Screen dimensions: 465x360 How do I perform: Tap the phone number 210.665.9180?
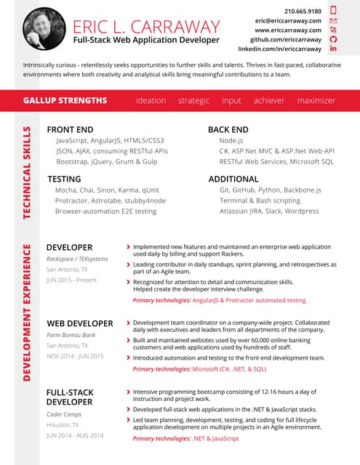tap(303, 12)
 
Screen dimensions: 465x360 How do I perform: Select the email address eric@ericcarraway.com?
tap(288, 21)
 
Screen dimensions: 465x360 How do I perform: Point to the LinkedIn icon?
tap(334, 49)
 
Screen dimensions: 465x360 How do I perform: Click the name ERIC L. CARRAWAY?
tap(146, 27)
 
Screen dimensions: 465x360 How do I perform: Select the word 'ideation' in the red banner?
tap(151, 100)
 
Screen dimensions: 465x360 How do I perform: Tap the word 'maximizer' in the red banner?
tap(316, 100)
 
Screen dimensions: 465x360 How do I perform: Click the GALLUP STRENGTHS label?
tap(65, 100)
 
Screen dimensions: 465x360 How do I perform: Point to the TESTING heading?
tap(64, 179)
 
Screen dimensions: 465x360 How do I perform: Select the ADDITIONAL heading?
tap(233, 179)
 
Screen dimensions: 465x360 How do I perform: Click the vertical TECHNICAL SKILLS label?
tap(27, 173)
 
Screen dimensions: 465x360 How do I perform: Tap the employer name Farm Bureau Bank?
tap(71, 336)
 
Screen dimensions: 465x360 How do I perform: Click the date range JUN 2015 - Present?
tap(71, 280)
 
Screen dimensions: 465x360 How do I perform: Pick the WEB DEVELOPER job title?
tap(80, 323)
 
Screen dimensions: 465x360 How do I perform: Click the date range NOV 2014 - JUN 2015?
tap(75, 356)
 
